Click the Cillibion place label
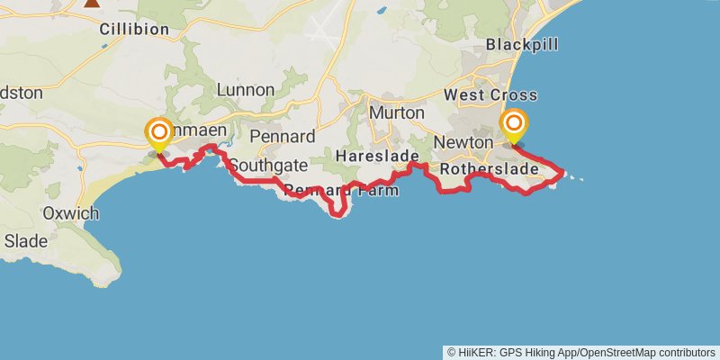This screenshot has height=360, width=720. coord(134,29)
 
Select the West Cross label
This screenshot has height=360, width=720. coord(490,94)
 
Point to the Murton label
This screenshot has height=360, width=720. coord(396,112)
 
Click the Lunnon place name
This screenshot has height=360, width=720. coord(246,89)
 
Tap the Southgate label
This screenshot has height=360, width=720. coord(268,166)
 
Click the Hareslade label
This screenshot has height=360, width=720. coord(372,156)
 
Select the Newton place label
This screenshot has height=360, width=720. coord(463,142)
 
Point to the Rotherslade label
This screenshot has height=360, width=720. coord(490,168)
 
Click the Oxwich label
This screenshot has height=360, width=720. coord(70,213)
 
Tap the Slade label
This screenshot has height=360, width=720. coord(25,240)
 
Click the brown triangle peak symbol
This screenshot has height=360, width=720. coord(92,3)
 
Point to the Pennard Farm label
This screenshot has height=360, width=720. coord(341,190)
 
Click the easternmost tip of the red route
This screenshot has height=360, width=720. coord(563,172)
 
